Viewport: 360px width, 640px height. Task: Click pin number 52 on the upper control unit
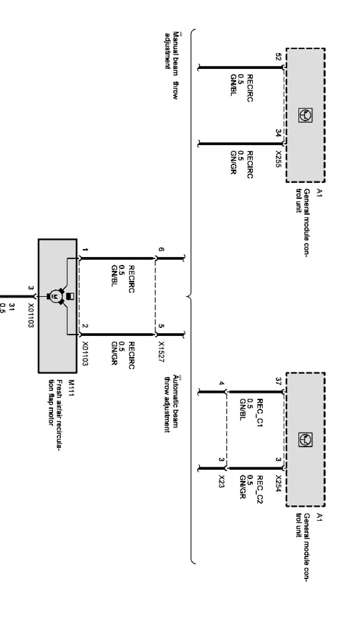pyautogui.click(x=279, y=57)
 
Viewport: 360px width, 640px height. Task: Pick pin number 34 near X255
pyautogui.click(x=279, y=133)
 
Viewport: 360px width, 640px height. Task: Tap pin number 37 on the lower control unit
pyautogui.click(x=279, y=380)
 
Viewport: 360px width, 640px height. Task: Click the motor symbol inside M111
pyautogui.click(x=54, y=296)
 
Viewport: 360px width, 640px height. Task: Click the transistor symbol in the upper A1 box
pyautogui.click(x=305, y=115)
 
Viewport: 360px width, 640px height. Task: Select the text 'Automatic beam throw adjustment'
pyautogui.click(x=171, y=404)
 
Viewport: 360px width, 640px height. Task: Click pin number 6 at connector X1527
pyautogui.click(x=162, y=250)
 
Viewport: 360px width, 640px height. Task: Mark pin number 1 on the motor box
pyautogui.click(x=86, y=250)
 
